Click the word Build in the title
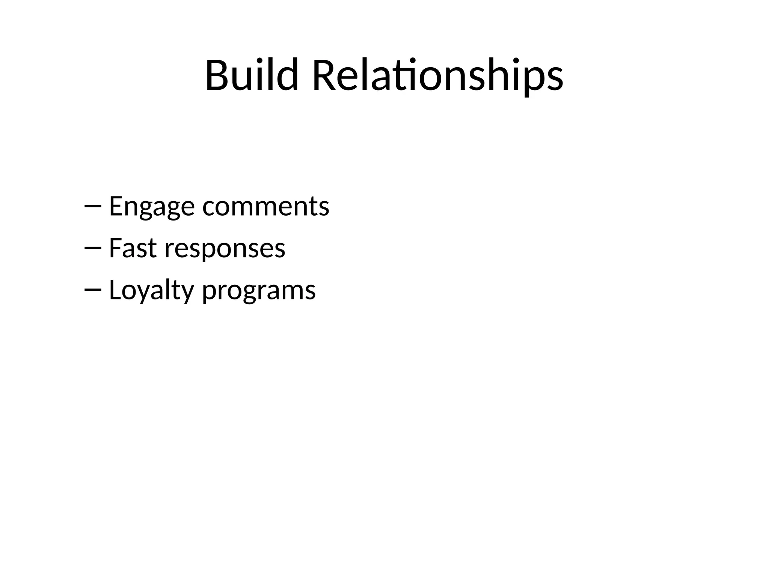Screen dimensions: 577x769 point(252,75)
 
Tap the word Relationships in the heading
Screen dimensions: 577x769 point(437,75)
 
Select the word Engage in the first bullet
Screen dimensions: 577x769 point(152,207)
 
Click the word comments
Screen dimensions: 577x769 point(266,207)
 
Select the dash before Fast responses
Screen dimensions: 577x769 point(93,248)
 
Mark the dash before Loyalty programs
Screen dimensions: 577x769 point(93,290)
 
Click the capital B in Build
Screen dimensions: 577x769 point(216,75)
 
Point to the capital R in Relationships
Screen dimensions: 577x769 point(323,75)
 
